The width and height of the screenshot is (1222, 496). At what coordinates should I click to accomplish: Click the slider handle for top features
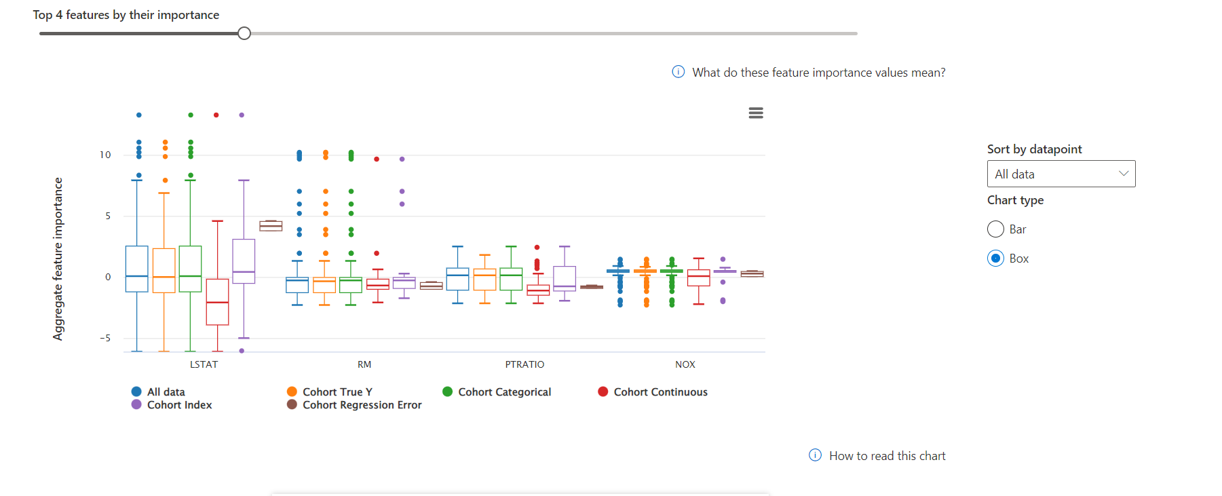(x=244, y=33)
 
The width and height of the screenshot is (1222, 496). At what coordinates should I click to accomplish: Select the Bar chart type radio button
(x=995, y=229)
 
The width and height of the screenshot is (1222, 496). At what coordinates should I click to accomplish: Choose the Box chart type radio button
(x=995, y=259)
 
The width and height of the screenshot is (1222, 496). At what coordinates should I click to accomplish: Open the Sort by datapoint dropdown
(x=1061, y=174)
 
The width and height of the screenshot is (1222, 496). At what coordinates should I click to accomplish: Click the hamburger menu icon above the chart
(x=756, y=113)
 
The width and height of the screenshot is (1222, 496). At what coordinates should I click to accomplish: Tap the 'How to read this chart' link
(x=886, y=456)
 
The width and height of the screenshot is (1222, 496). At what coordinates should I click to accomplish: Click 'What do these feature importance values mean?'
(x=818, y=73)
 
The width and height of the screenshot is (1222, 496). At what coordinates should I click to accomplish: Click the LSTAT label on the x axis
(x=204, y=364)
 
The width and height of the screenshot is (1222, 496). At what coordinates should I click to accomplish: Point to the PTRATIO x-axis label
(x=524, y=364)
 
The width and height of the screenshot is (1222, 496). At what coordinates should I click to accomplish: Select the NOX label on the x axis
(x=685, y=364)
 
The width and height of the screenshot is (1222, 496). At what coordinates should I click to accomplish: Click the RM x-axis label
(x=364, y=364)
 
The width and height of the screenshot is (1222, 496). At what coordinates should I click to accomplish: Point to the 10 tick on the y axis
(x=105, y=155)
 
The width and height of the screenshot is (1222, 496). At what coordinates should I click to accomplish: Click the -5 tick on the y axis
(x=105, y=338)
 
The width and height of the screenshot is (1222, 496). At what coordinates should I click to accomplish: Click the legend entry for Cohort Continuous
(x=660, y=392)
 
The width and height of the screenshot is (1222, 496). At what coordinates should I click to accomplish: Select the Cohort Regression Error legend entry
(x=361, y=405)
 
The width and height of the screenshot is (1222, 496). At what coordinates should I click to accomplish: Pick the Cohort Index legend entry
(x=178, y=405)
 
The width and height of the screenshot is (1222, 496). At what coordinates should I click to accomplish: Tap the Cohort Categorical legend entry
(x=503, y=392)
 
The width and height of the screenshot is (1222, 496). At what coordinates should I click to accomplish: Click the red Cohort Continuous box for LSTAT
(x=217, y=302)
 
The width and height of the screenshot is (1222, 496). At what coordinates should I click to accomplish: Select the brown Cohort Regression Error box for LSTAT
(x=271, y=226)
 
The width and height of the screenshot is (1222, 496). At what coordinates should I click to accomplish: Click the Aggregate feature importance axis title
(x=58, y=259)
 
